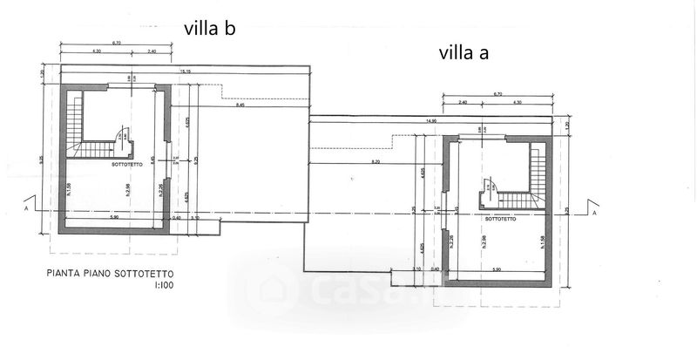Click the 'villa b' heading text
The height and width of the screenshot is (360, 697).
pyautogui.click(x=210, y=28)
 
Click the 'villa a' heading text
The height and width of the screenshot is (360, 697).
pyautogui.click(x=463, y=52)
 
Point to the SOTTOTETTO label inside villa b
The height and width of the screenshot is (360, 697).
pyautogui.click(x=128, y=163)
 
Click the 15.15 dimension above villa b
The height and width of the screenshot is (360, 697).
pyautogui.click(x=186, y=71)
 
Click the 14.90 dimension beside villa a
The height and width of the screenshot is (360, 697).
pyautogui.click(x=430, y=122)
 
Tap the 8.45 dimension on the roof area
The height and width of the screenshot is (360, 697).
pyautogui.click(x=240, y=106)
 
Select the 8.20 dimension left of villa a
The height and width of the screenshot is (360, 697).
pyautogui.click(x=376, y=163)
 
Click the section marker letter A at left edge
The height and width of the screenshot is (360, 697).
pyautogui.click(x=29, y=208)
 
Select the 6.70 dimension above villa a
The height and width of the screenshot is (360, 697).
pyautogui.click(x=497, y=93)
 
